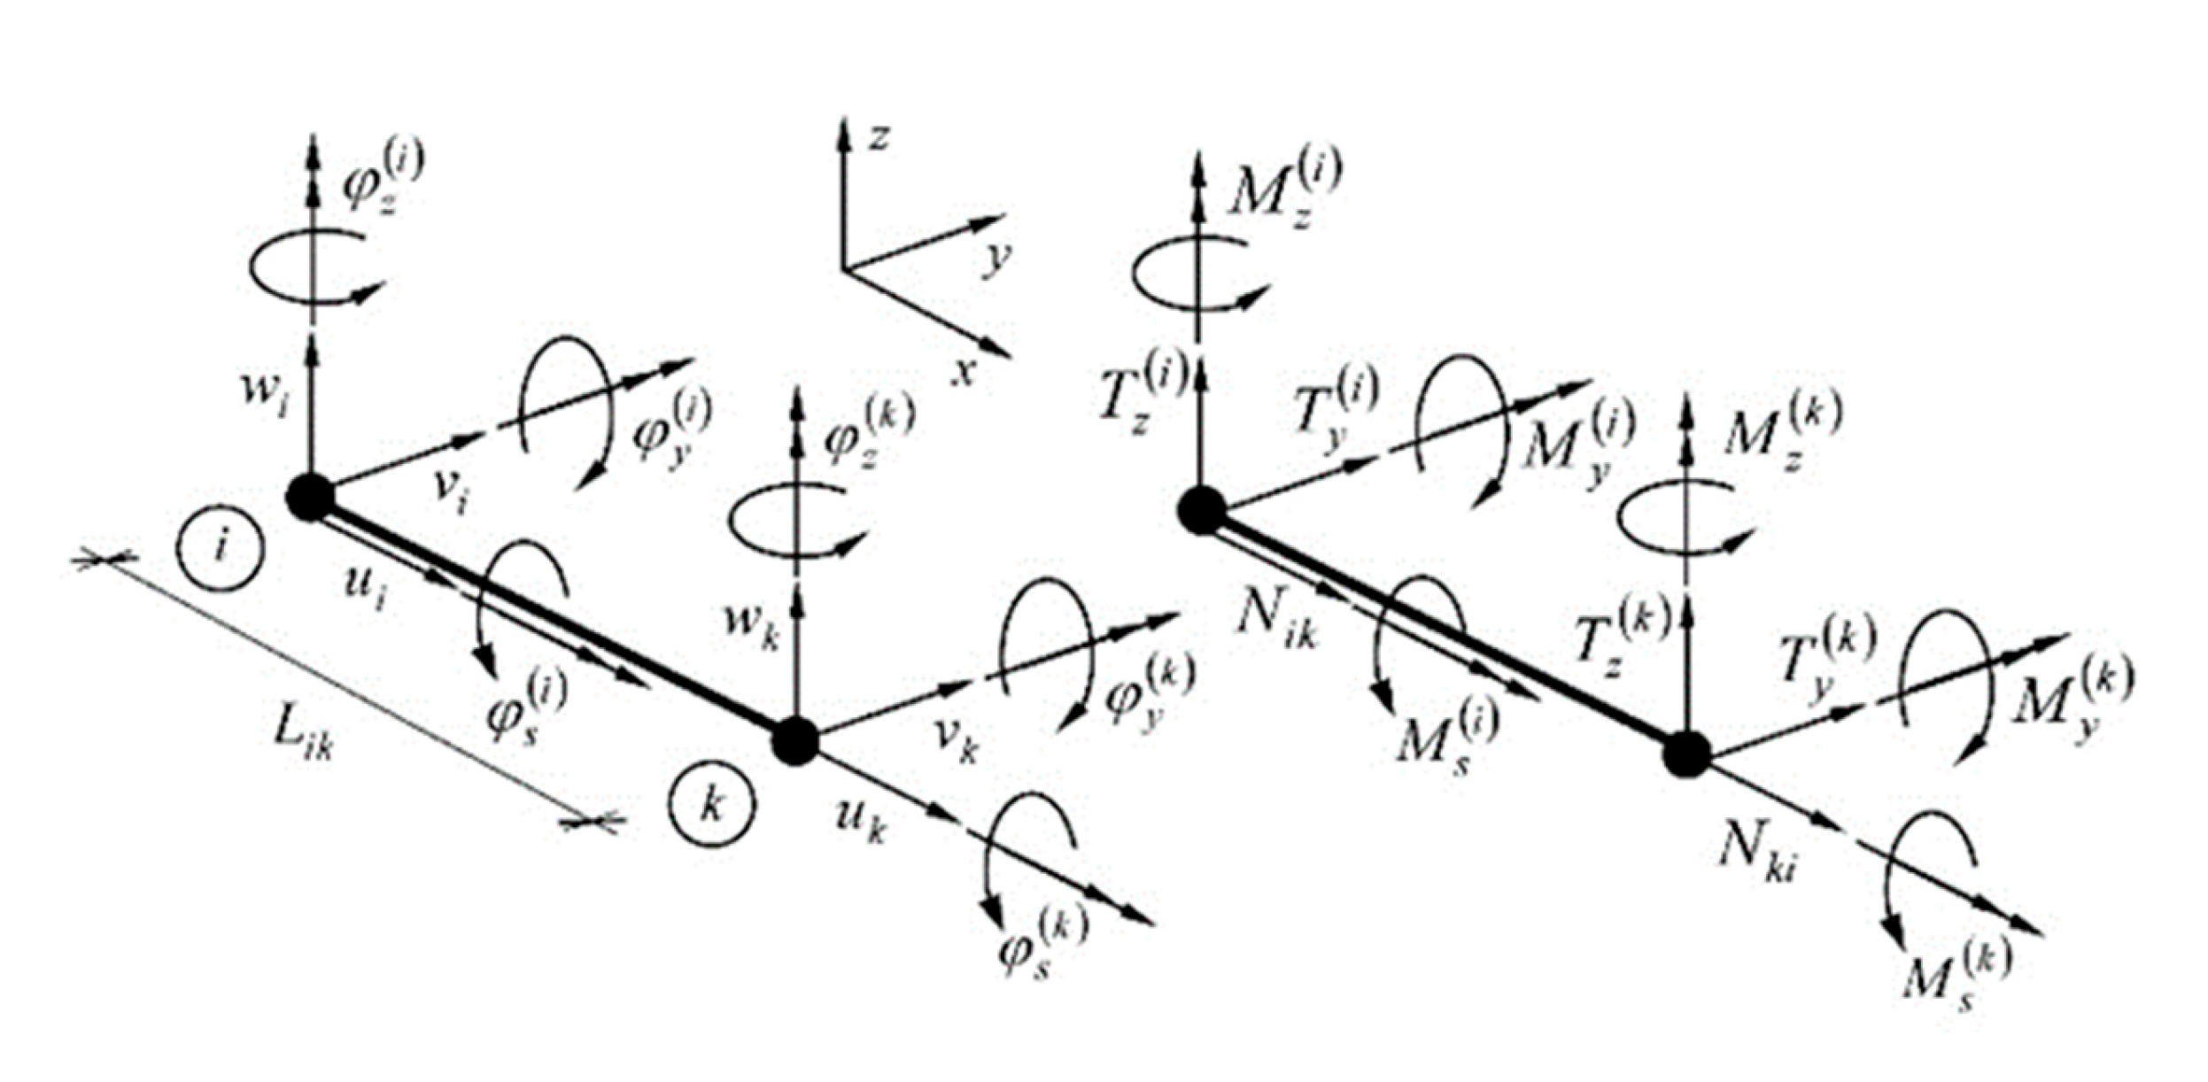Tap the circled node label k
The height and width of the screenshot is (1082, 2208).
coord(712,806)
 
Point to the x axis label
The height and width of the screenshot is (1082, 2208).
coord(963,372)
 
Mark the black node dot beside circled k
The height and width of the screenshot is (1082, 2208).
coord(794,740)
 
